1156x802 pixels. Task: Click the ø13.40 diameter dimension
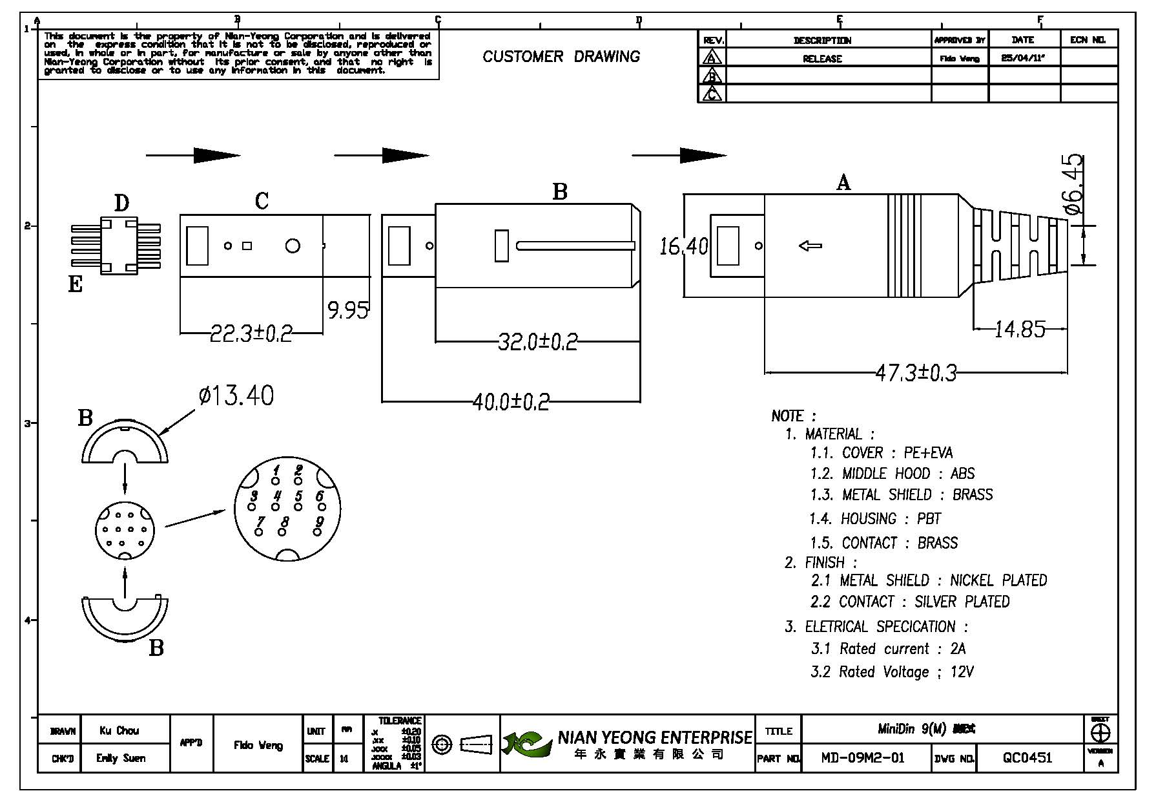(x=236, y=396)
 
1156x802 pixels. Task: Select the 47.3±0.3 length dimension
(x=916, y=373)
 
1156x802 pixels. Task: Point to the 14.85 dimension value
(x=1020, y=330)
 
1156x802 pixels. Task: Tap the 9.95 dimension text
(x=348, y=311)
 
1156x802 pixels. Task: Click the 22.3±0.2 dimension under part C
(x=251, y=333)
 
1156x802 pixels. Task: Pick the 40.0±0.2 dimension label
(x=511, y=402)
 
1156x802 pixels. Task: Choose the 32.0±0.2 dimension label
(x=538, y=341)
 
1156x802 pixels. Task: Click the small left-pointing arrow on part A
(x=810, y=246)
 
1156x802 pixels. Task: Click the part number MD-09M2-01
(x=863, y=758)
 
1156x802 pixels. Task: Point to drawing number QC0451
(x=1027, y=758)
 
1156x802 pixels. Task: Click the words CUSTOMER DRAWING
(x=561, y=57)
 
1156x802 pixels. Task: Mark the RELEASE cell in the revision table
(x=822, y=59)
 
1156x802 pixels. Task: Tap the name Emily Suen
(x=121, y=758)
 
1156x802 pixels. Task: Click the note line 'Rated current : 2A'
(x=889, y=649)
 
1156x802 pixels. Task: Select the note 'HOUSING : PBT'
(x=875, y=519)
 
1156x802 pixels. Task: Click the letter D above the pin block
(x=121, y=204)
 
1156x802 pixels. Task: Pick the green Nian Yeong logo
(x=529, y=744)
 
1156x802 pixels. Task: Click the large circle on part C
(x=293, y=246)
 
